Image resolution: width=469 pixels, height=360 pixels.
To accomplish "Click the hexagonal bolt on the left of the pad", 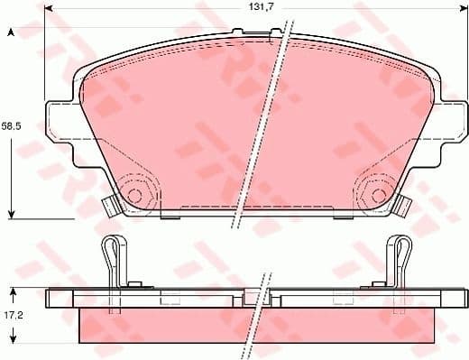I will [x=135, y=193].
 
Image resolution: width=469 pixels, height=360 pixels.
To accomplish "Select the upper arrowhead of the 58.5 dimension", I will [x=11, y=33].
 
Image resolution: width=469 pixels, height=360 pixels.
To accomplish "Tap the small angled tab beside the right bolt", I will [x=400, y=205].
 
